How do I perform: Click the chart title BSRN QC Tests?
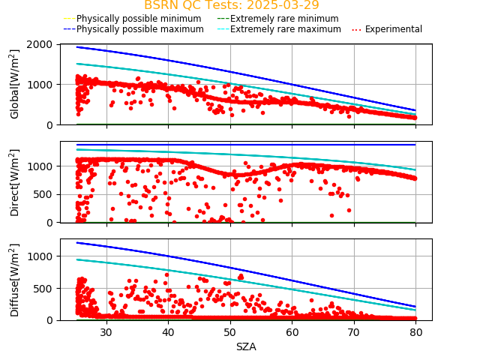pos(231,5)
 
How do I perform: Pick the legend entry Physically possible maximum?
pos(133,29)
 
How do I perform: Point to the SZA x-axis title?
pos(246,347)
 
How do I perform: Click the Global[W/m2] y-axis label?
pos(15,84)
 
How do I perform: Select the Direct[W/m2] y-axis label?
pos(15,182)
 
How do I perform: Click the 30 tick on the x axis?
pos(106,332)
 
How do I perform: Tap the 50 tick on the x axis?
pos(230,332)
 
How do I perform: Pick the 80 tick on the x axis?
pos(416,332)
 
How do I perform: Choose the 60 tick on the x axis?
pos(292,332)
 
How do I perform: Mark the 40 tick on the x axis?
pos(168,332)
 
